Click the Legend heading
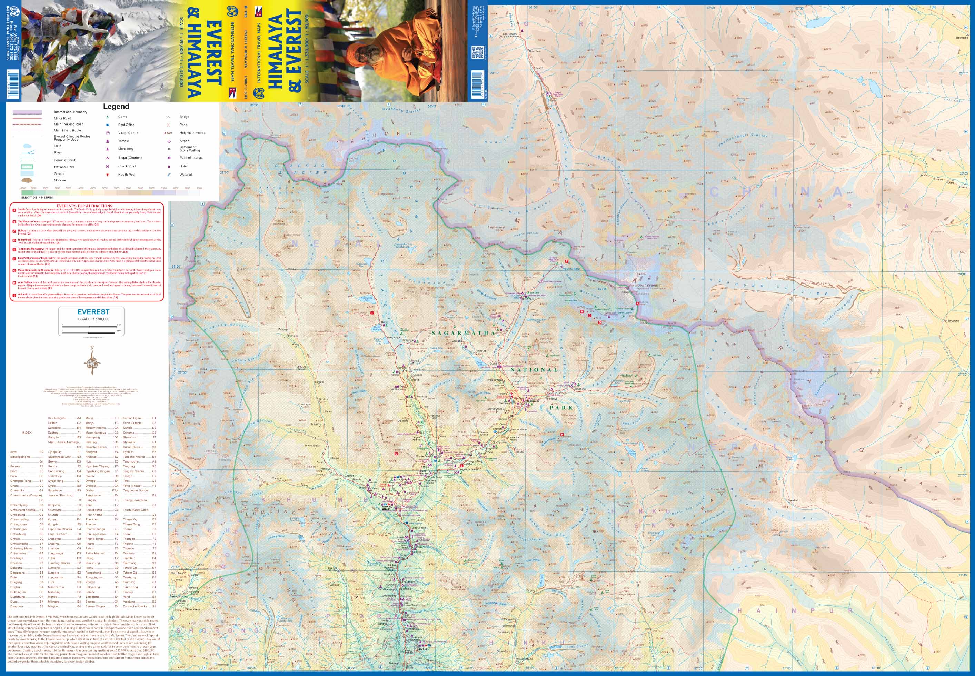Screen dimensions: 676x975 (116, 106)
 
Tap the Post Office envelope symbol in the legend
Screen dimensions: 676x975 (108, 125)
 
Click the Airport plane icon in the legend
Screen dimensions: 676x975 (169, 141)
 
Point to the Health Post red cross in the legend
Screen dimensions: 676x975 (108, 175)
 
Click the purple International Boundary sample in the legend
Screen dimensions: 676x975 (27, 112)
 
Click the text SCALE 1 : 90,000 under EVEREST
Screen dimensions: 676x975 (93, 319)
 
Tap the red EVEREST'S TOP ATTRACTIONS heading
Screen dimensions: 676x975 (85, 206)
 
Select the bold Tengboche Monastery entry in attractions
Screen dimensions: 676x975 (30, 249)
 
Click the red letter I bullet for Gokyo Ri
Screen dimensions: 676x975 (14, 295)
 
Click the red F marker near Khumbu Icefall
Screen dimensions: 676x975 (566, 261)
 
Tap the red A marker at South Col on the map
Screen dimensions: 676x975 (638, 304)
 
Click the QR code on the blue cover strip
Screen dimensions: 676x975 (477, 52)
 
